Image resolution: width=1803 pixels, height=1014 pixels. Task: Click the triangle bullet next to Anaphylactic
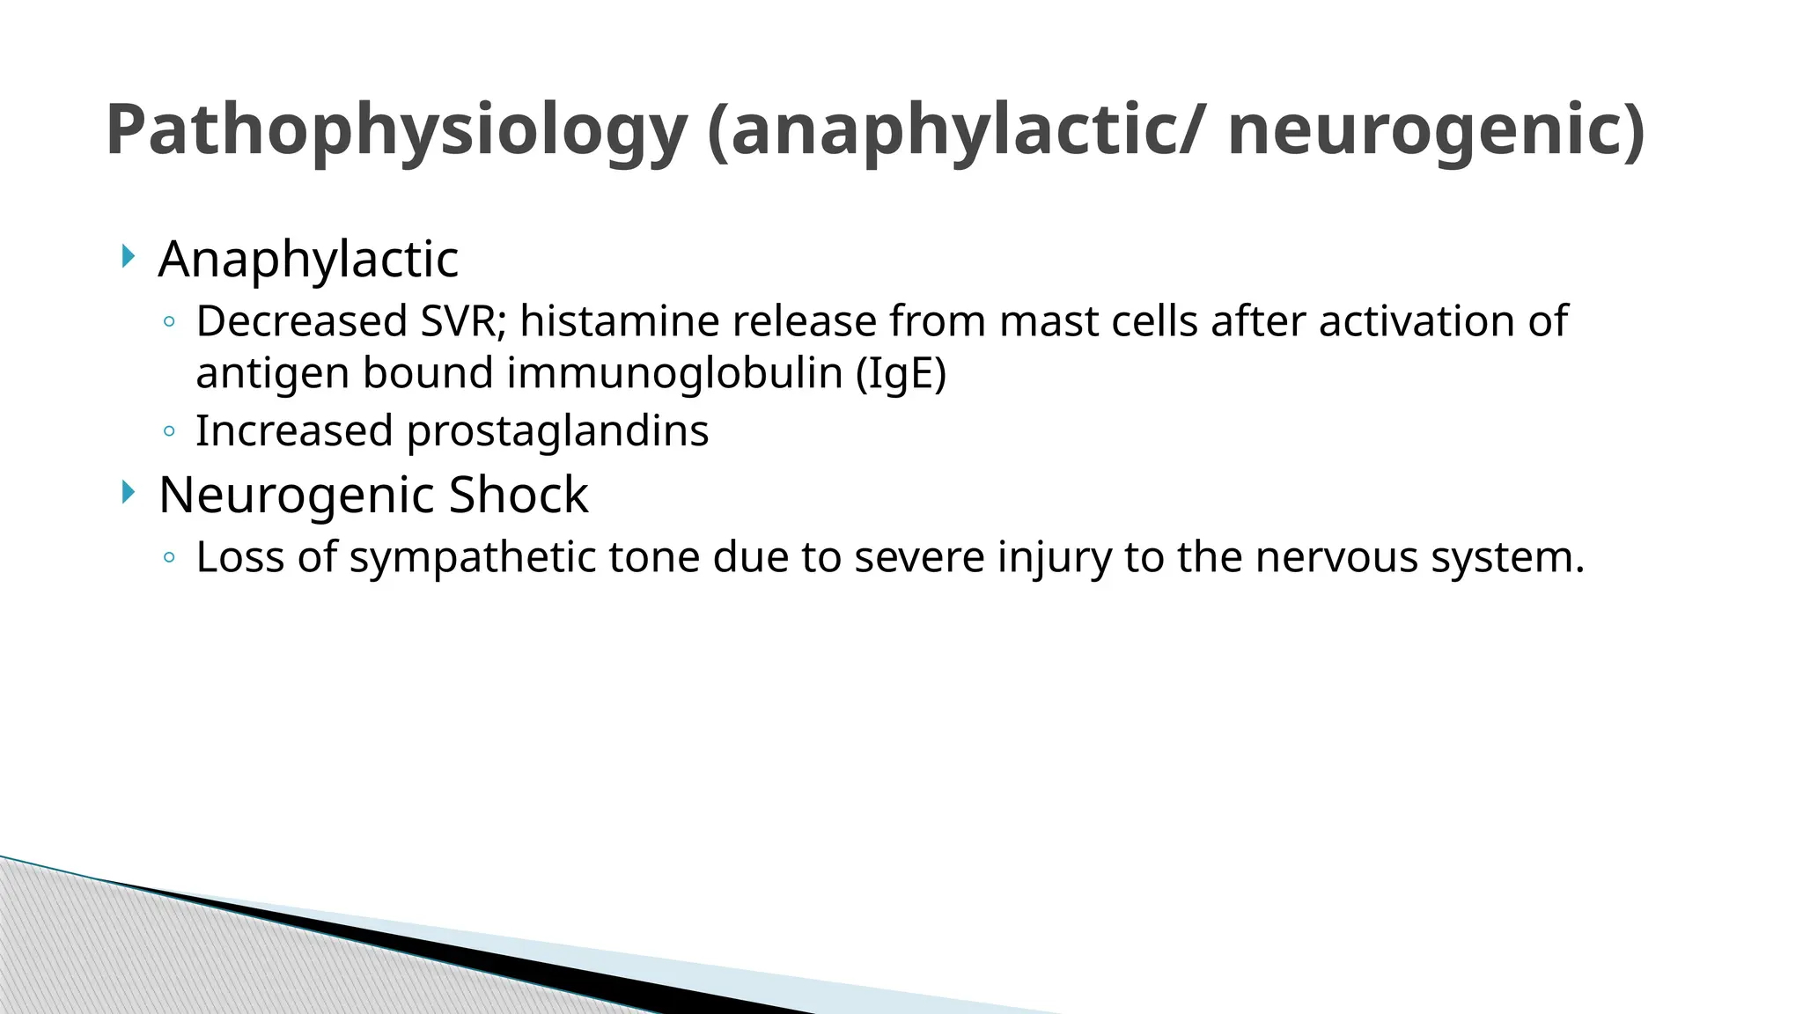point(129,258)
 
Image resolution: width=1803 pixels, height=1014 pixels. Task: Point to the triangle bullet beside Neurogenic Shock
point(129,493)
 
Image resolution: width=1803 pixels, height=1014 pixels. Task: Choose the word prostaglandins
point(557,432)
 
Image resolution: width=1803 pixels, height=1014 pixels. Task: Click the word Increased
point(294,432)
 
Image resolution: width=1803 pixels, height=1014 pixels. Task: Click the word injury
point(1054,558)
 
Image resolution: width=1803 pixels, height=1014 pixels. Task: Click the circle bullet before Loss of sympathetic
point(169,557)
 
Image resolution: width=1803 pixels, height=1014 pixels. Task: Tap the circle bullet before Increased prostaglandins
point(169,431)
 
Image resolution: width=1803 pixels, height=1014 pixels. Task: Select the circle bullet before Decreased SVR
point(169,322)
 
